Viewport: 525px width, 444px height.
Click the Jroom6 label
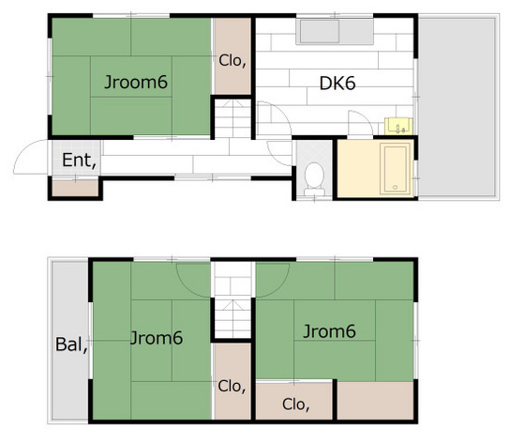(136, 83)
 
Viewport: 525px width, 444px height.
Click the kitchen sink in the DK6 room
(320, 35)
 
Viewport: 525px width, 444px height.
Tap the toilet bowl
(315, 176)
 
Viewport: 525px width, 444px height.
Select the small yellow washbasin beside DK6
(396, 126)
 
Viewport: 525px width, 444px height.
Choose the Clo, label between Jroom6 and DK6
(232, 60)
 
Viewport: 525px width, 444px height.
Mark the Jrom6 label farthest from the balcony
(328, 330)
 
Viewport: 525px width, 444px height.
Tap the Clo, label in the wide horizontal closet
(294, 406)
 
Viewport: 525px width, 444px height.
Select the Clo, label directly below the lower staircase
(232, 384)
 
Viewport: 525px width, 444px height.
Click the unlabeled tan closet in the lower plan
(375, 401)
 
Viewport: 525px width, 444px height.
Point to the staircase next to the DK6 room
(232, 119)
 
